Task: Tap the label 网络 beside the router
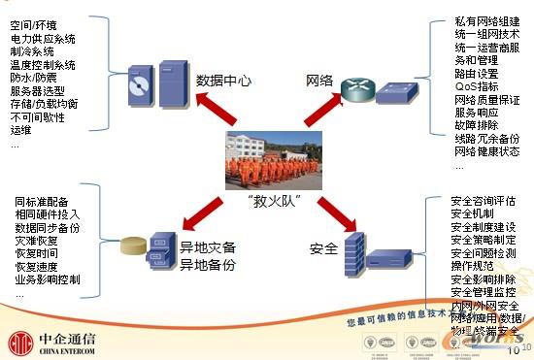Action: (322, 80)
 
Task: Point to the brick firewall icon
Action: (355, 254)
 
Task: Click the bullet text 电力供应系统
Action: (44, 39)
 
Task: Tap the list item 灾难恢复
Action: (35, 240)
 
